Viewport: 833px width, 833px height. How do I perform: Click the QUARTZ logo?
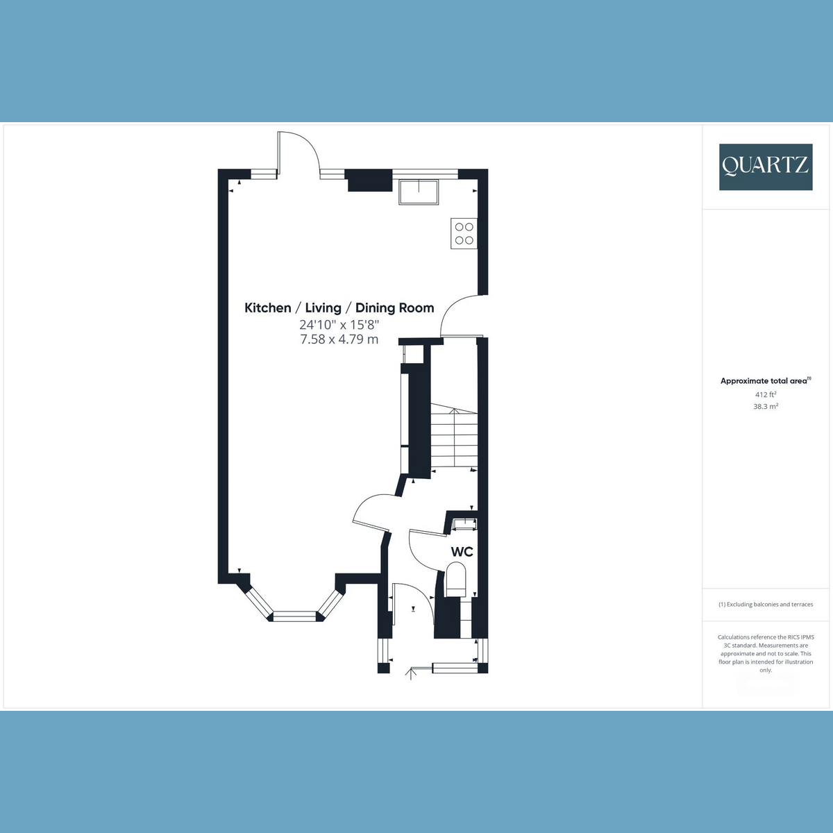pos(766,167)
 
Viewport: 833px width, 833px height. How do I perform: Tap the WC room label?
pos(462,552)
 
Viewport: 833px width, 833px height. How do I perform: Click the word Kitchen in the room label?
pos(267,308)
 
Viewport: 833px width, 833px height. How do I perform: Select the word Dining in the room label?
pos(375,308)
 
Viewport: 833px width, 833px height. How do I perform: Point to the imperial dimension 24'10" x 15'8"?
pos(339,324)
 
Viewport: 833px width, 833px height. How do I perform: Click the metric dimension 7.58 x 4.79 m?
pos(339,339)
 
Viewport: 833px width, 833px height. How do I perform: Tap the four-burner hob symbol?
pos(464,233)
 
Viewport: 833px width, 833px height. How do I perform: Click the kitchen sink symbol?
pos(419,192)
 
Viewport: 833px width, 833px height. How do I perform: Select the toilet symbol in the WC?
pos(455,579)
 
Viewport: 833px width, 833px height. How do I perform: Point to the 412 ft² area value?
pos(766,394)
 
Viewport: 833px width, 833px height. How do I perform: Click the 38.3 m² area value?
pos(766,406)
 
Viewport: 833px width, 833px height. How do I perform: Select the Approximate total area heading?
pos(766,381)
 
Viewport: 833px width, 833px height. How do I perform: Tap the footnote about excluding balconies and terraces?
pos(766,605)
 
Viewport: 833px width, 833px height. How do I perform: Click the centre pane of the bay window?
pos(296,616)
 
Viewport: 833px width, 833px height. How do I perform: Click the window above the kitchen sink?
pos(425,174)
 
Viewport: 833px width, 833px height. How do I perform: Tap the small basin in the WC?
pos(464,524)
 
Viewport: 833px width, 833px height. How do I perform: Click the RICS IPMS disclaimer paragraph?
pos(766,654)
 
